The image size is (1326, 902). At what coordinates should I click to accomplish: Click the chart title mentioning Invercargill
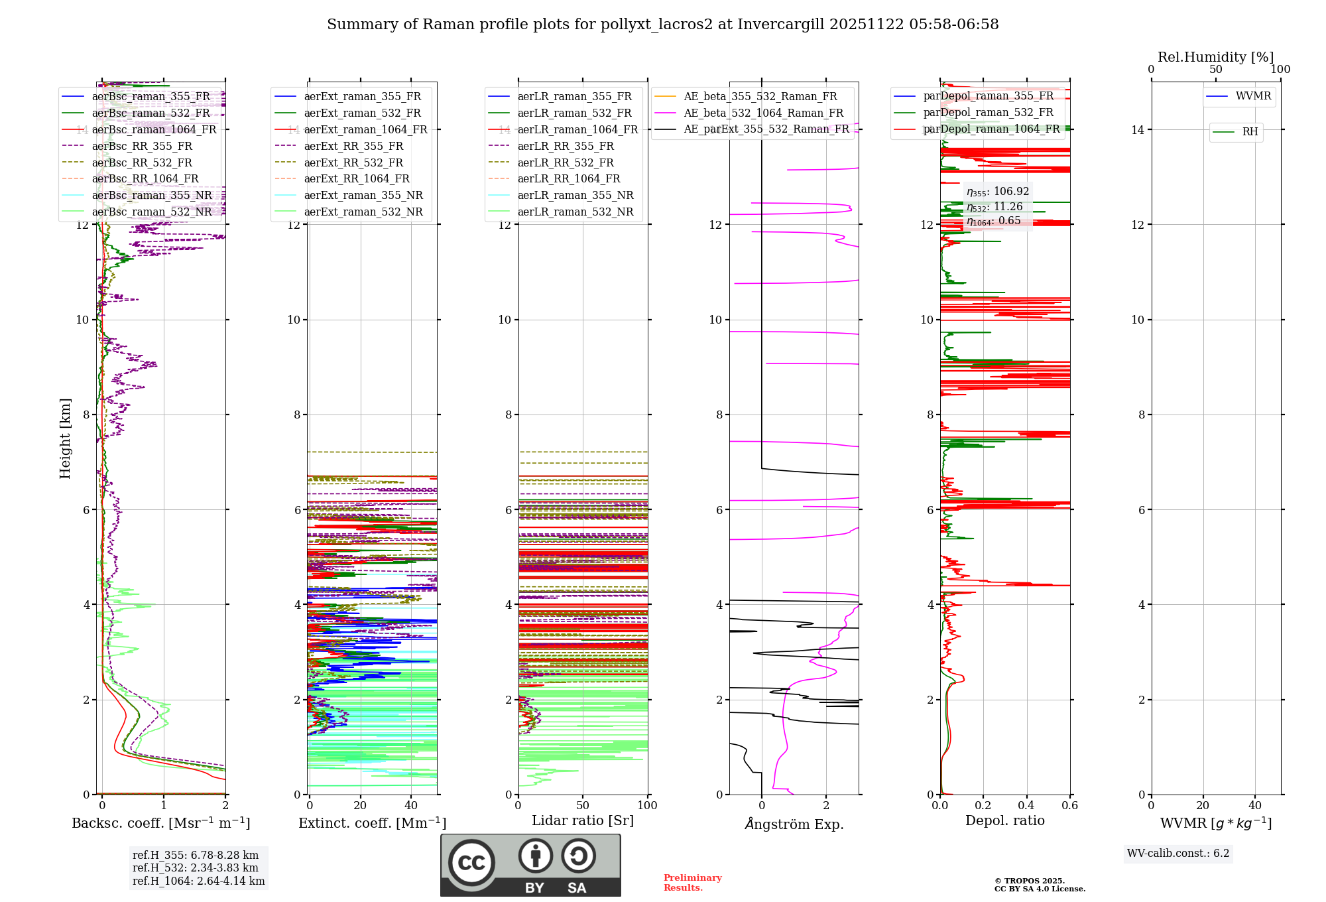[662, 25]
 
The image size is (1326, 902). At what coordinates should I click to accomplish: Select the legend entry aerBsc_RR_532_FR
[142, 162]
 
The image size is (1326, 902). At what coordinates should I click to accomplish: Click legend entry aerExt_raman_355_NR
[363, 196]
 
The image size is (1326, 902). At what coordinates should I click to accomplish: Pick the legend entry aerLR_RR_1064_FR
[569, 179]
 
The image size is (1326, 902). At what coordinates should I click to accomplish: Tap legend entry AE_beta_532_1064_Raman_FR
[763, 113]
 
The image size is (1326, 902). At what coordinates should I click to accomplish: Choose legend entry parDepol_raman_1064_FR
[991, 129]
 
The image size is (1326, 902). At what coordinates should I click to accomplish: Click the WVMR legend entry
[1253, 96]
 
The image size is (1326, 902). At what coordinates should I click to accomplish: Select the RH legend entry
[1250, 132]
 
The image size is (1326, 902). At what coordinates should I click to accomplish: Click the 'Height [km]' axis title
[65, 438]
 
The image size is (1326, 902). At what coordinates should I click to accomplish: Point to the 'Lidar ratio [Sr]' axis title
[583, 820]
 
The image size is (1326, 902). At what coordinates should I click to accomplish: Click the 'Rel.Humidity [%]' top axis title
[1215, 57]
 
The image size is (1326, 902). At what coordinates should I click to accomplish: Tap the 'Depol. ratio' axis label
[1004, 820]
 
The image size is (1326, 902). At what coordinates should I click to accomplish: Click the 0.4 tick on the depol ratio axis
[1026, 806]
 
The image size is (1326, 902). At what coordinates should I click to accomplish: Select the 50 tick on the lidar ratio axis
[583, 806]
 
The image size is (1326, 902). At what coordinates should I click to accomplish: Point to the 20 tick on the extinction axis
[360, 806]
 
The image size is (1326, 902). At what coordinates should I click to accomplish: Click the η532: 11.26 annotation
[994, 207]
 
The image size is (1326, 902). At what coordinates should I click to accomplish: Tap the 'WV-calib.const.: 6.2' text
[1178, 854]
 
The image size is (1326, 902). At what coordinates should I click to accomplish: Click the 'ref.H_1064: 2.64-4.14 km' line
[198, 881]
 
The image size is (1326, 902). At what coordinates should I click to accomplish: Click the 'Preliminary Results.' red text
[692, 883]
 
